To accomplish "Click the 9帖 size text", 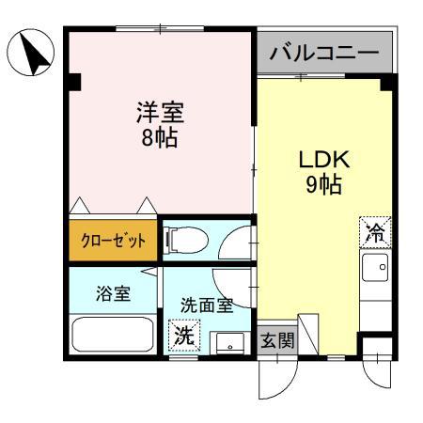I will [x=324, y=183].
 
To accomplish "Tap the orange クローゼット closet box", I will [x=111, y=241].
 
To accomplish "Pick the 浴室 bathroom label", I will [x=113, y=292].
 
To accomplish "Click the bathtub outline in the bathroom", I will [x=113, y=333].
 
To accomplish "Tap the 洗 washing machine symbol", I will [x=184, y=334].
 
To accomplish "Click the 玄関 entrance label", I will [x=278, y=339].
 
